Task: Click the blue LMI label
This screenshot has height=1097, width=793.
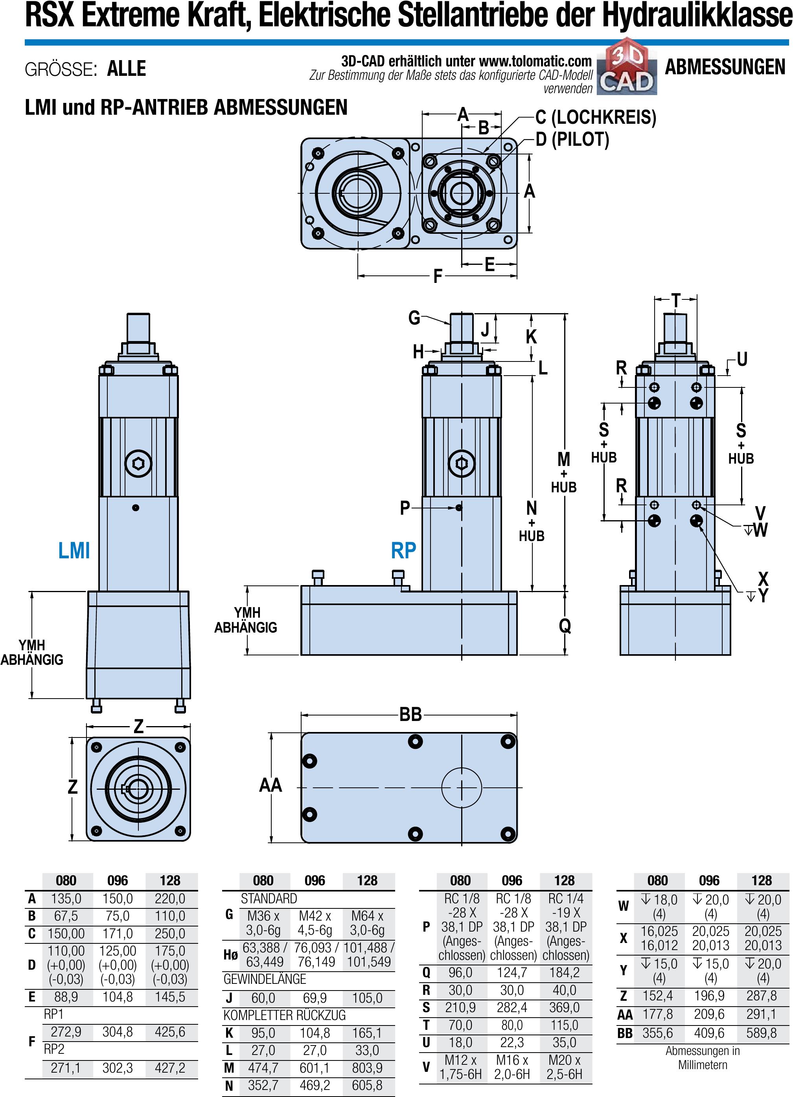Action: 74,550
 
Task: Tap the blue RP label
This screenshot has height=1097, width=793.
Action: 403,550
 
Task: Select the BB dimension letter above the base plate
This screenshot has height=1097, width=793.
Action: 410,714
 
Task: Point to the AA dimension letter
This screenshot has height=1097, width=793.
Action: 270,785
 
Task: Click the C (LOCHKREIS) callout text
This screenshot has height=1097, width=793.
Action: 596,117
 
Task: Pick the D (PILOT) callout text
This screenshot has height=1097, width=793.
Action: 572,140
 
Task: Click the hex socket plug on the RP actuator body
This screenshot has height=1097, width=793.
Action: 462,463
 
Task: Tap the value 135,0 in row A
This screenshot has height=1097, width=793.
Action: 66,899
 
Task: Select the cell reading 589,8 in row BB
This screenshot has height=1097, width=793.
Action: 761,1033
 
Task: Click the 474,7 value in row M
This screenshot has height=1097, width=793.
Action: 263,1068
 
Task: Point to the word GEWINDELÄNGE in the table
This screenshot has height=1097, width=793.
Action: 265,979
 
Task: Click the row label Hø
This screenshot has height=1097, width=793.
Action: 230,954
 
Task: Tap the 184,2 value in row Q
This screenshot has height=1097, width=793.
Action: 564,972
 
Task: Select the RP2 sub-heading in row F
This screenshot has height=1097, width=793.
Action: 54,1049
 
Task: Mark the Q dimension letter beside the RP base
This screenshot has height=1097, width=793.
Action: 565,626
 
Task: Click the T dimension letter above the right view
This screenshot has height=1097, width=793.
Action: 676,300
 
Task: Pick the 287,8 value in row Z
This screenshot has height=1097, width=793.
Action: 761,996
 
